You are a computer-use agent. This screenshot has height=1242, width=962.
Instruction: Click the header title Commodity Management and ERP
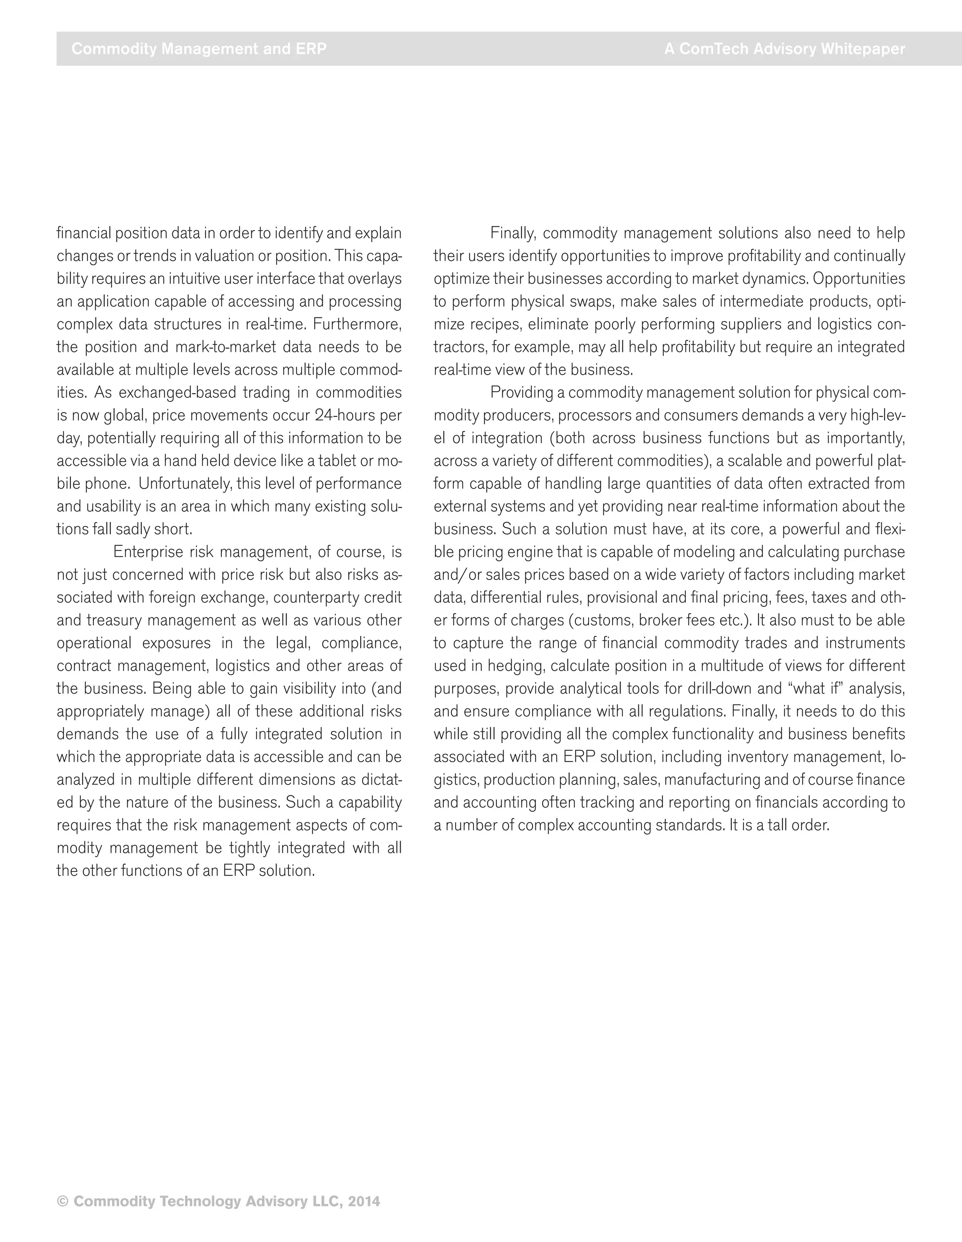click(199, 49)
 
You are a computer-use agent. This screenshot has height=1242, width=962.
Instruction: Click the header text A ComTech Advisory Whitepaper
click(784, 49)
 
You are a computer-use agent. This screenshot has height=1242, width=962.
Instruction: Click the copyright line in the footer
click(218, 1201)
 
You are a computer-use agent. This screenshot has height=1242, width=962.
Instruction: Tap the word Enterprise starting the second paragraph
click(148, 552)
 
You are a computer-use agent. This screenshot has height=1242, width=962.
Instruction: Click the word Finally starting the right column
click(512, 233)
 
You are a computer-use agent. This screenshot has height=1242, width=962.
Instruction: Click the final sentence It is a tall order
click(779, 825)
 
